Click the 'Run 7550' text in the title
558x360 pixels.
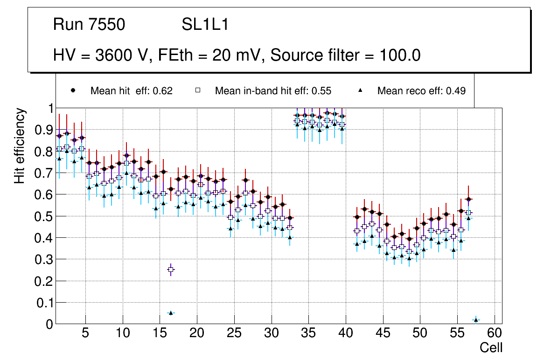pos(89,25)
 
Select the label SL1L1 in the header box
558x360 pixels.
pos(205,25)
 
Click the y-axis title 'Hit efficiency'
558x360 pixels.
pos(20,146)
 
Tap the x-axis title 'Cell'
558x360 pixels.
pos(491,347)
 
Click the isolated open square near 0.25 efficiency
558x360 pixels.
pos(171,270)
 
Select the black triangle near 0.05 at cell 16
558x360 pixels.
pos(171,313)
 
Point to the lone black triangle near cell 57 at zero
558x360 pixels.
pos(476,320)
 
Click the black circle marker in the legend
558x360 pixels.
pos(73,91)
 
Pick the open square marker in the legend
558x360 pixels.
pos(198,91)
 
